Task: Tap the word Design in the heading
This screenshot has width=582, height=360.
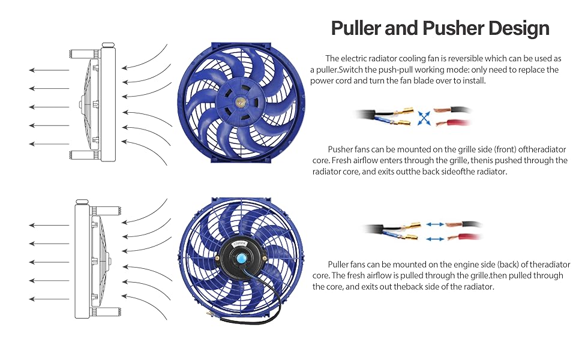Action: [520, 28]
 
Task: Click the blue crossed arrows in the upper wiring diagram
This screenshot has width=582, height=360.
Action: [424, 117]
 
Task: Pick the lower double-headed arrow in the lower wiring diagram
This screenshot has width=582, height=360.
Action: [436, 238]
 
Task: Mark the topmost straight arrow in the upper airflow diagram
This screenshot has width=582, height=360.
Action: [49, 70]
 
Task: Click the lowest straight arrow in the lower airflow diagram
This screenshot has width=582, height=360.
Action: [49, 299]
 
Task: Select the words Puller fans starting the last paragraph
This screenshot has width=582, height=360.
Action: [348, 264]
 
